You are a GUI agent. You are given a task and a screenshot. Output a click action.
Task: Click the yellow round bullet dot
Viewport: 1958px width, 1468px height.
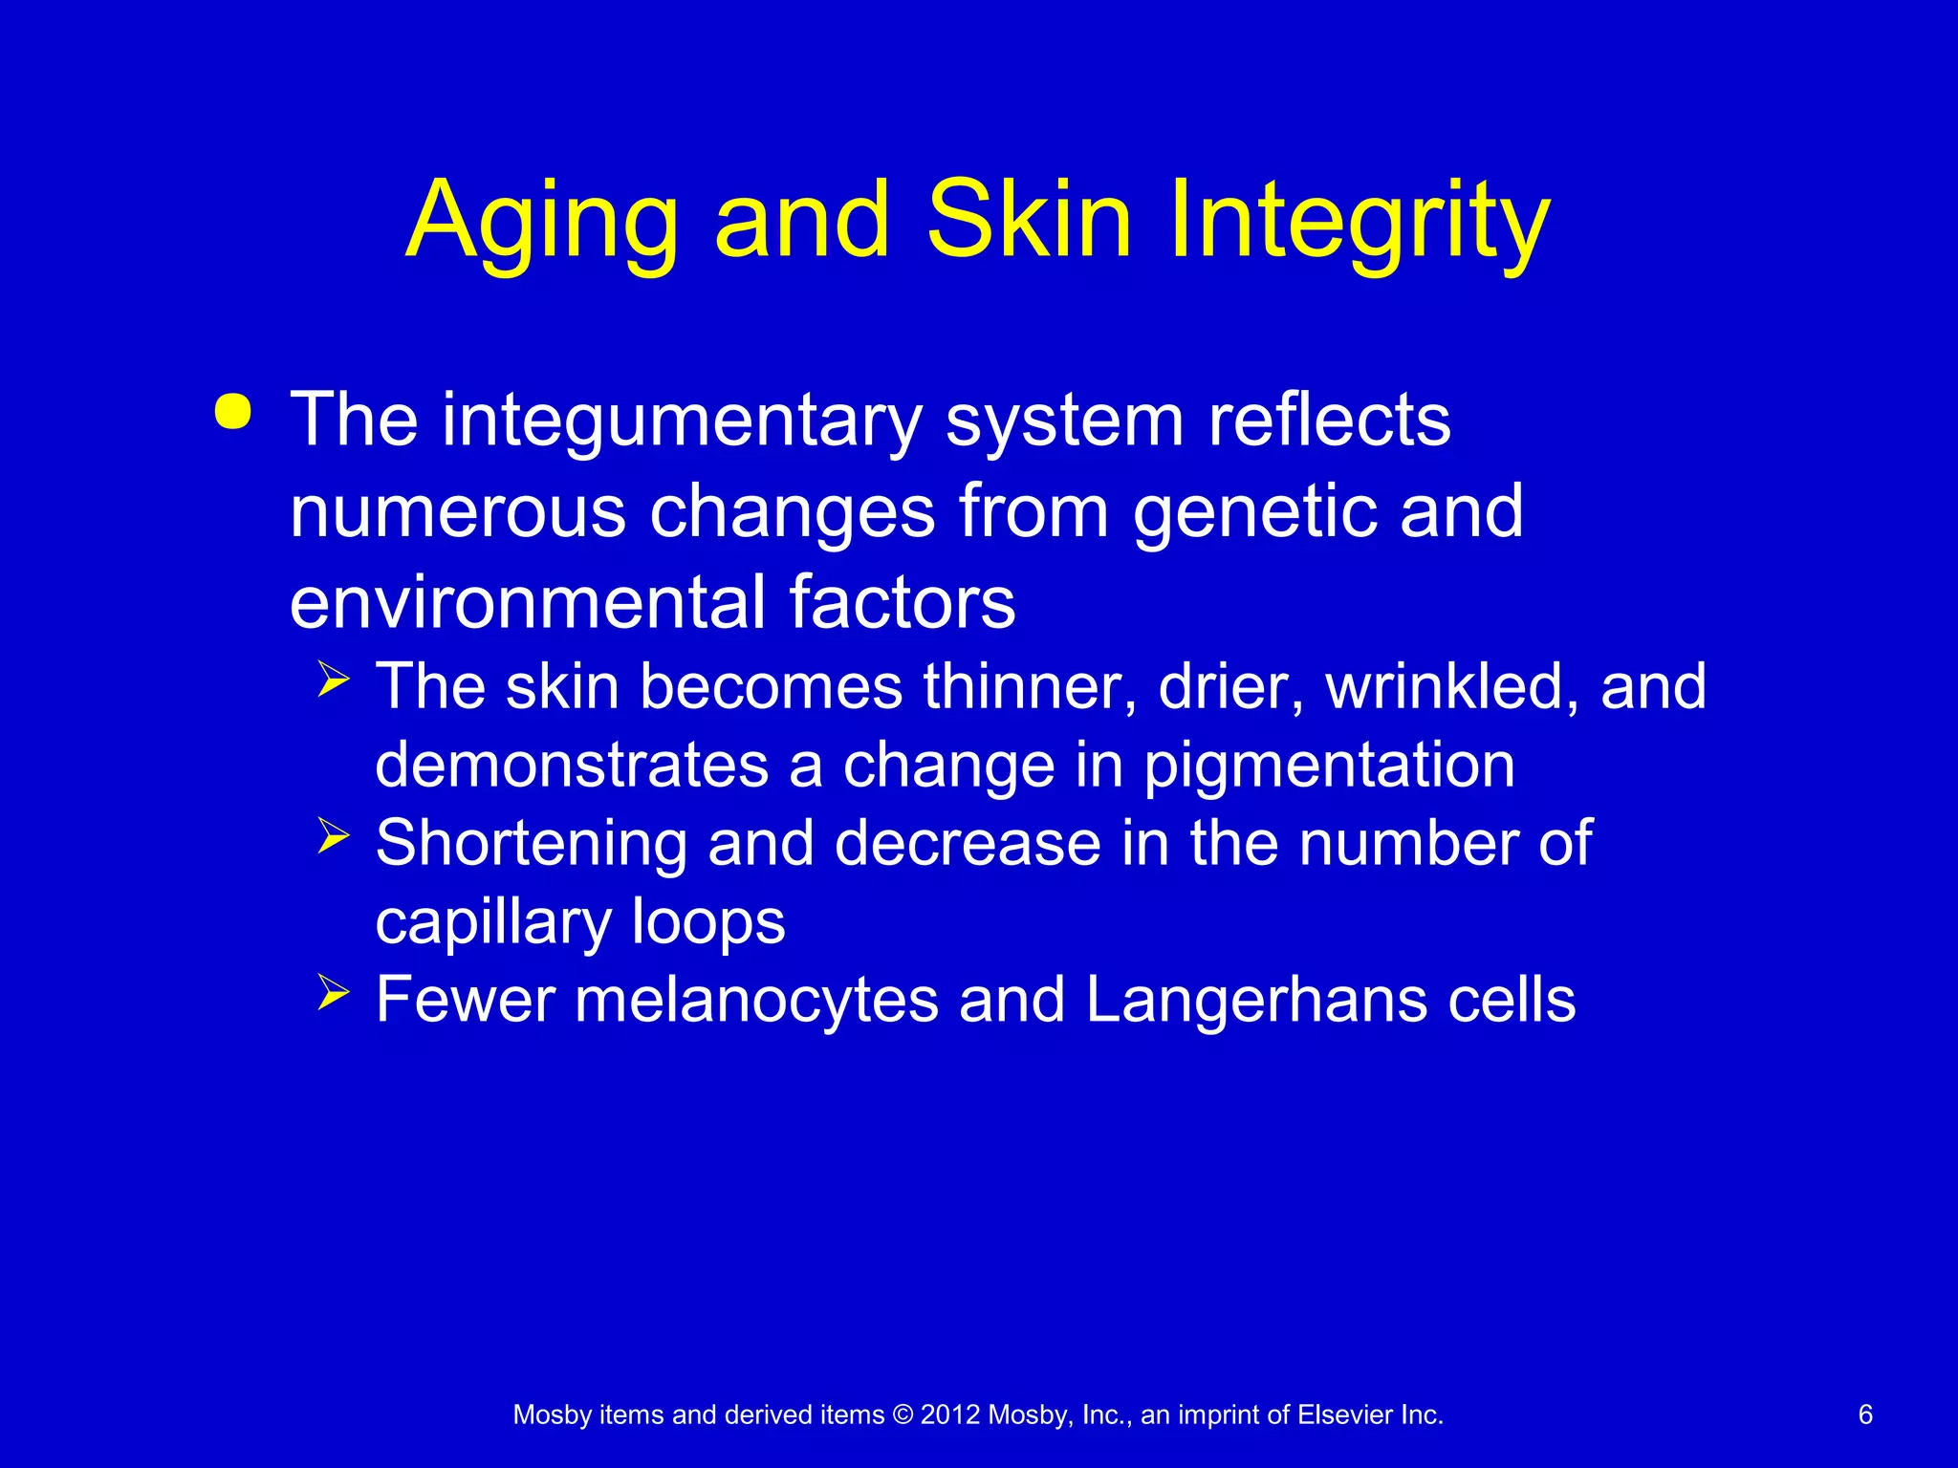(233, 412)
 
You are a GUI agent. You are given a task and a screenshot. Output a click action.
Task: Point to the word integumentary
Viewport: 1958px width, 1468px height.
(682, 421)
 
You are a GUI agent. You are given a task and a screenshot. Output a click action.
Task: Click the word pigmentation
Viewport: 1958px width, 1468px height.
(1329, 766)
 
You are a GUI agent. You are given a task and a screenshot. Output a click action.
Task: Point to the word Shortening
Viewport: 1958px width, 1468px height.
(531, 844)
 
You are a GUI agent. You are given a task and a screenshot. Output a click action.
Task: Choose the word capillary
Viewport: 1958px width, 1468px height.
(493, 923)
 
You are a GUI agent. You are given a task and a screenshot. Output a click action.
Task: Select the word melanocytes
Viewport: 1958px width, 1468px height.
(756, 1001)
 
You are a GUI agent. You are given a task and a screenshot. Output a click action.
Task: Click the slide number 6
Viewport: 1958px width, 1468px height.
(1865, 1414)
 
